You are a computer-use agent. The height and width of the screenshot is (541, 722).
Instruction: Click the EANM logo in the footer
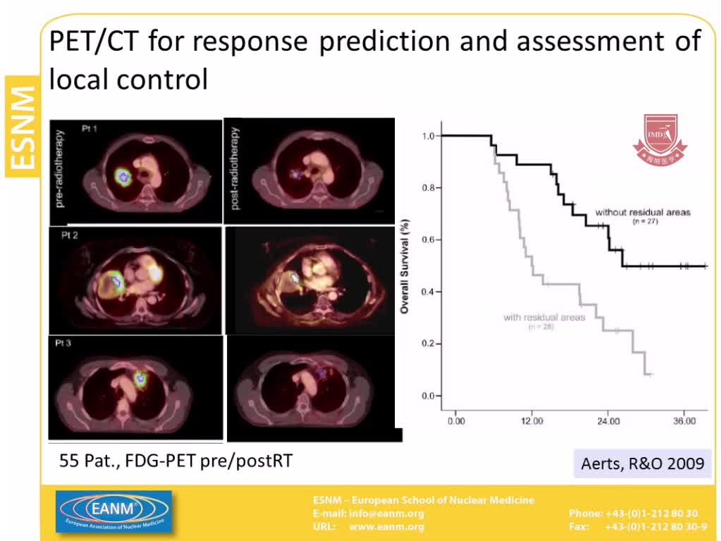click(x=114, y=512)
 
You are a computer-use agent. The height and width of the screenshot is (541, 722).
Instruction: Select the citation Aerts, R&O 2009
click(x=642, y=463)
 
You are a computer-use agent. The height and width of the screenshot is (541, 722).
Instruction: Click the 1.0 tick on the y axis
click(x=427, y=135)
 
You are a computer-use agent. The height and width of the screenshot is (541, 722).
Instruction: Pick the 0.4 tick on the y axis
click(x=427, y=292)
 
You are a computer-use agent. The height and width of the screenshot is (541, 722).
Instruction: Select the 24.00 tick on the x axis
click(x=608, y=421)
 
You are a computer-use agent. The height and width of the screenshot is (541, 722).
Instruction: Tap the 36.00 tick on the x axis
click(x=684, y=421)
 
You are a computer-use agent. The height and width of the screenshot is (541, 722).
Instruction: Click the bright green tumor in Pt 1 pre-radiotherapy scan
click(x=124, y=175)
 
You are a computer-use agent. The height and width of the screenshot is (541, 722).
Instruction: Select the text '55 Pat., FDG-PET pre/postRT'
click(x=176, y=461)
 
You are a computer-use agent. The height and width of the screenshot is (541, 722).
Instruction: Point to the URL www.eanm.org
click(x=386, y=526)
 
